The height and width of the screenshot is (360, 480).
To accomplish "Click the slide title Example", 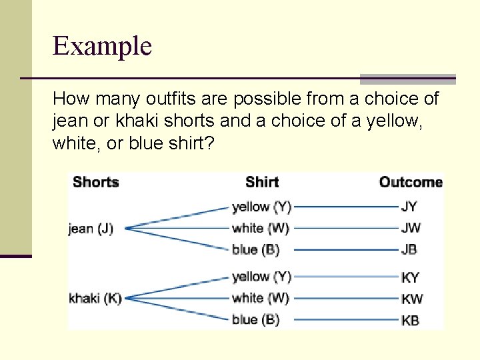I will [x=102, y=46].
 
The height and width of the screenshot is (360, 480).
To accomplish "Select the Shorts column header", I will [x=95, y=182].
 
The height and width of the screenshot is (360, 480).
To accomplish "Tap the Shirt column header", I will [x=261, y=182].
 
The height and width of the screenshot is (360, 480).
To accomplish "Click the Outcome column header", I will [x=411, y=182].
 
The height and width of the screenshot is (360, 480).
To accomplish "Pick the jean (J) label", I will [x=91, y=229].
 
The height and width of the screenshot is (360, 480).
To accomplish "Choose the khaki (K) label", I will [x=95, y=298].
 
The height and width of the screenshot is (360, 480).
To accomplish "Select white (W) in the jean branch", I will [x=261, y=228].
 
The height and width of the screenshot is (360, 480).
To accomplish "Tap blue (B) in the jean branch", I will [x=255, y=249].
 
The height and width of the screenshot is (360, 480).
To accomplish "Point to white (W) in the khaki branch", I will [x=261, y=298].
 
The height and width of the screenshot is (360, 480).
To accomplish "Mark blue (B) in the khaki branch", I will [x=255, y=319].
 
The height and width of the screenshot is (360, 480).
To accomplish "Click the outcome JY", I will [x=409, y=207].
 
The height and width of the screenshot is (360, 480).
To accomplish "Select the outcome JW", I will [x=411, y=228].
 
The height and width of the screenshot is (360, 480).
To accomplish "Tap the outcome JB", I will [x=409, y=249].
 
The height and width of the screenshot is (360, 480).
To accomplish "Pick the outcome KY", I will [x=410, y=277].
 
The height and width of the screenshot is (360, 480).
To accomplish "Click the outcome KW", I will [x=412, y=299].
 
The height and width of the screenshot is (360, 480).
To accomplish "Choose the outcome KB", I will [x=410, y=320].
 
